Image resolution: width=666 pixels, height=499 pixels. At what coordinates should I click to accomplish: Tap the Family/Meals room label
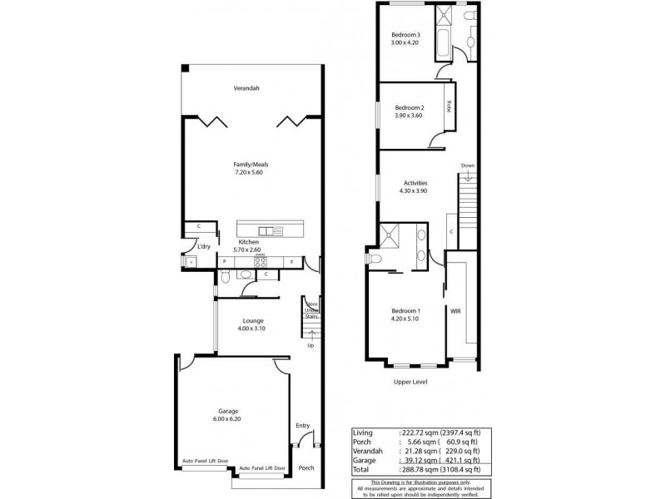tap(251, 165)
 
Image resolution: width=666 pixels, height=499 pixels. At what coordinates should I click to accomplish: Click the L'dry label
tap(202, 247)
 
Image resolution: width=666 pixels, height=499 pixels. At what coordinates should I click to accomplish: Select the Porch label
tap(306, 467)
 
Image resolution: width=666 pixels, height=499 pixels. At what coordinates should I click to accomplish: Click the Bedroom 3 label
tap(405, 35)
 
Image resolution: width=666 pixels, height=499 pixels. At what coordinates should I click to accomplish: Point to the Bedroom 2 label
tap(410, 108)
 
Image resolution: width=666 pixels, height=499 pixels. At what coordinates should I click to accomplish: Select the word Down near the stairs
tap(468, 165)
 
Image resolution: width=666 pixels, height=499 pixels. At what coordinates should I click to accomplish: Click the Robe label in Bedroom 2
tap(449, 106)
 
